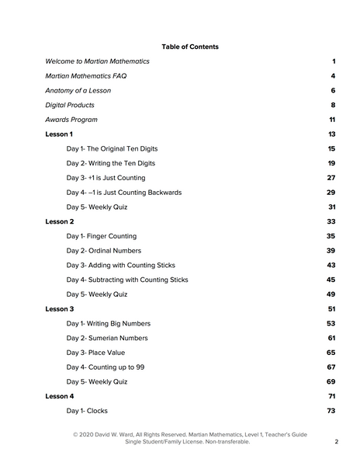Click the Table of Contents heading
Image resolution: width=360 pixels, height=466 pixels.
[190, 47]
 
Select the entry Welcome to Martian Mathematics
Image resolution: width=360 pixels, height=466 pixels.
[97, 61]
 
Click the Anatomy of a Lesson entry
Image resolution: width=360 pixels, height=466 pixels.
[78, 91]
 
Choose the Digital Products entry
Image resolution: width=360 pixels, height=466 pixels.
[70, 105]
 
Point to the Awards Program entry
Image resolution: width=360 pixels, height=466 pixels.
[71, 120]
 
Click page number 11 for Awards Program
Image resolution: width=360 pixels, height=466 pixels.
[331, 120]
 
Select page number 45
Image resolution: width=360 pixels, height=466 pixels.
[331, 280]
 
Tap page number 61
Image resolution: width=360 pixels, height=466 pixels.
[331, 338]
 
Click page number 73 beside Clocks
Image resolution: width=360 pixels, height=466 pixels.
[331, 411]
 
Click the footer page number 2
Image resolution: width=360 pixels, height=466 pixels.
[336, 442]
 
